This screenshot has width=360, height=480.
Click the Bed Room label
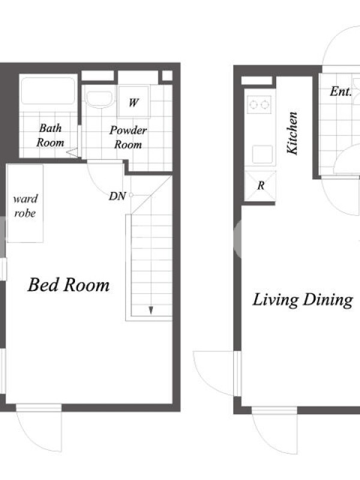click(x=68, y=284)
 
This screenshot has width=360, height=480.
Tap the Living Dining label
click(x=302, y=299)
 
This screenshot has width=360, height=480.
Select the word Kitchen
click(x=292, y=133)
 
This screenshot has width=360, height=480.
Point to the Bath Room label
click(x=50, y=135)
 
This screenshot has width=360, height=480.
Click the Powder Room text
click(x=128, y=137)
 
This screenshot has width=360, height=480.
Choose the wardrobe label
click(x=25, y=206)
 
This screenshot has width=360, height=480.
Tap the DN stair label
click(x=117, y=196)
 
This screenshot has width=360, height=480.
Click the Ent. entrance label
click(x=340, y=91)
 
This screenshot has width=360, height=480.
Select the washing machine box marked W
click(x=134, y=102)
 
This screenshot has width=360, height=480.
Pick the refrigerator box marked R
click(x=260, y=186)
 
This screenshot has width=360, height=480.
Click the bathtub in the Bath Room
click(x=48, y=91)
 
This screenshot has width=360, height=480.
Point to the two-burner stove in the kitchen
click(x=259, y=104)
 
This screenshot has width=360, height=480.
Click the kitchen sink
click(x=262, y=154)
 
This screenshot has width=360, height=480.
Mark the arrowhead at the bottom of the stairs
click(x=151, y=310)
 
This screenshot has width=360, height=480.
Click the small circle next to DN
click(x=131, y=195)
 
